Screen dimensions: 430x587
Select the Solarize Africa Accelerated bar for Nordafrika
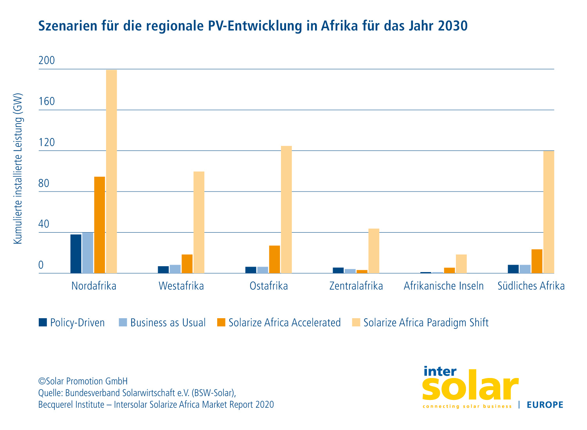click(99, 225)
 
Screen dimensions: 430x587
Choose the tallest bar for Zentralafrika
click(374, 251)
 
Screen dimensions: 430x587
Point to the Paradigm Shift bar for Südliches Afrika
click(549, 212)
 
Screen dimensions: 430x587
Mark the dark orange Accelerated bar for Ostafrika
click(274, 259)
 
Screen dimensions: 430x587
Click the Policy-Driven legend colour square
click(43, 322)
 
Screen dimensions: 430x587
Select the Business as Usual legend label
click(168, 323)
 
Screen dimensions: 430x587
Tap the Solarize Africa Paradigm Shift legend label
click(426, 323)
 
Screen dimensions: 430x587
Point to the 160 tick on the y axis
click(47, 102)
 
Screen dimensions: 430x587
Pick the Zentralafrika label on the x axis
click(356, 286)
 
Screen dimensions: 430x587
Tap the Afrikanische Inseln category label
click(443, 286)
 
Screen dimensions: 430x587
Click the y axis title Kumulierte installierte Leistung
click(18, 168)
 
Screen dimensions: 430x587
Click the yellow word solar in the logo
click(470, 385)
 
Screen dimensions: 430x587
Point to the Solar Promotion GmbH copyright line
click(83, 381)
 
